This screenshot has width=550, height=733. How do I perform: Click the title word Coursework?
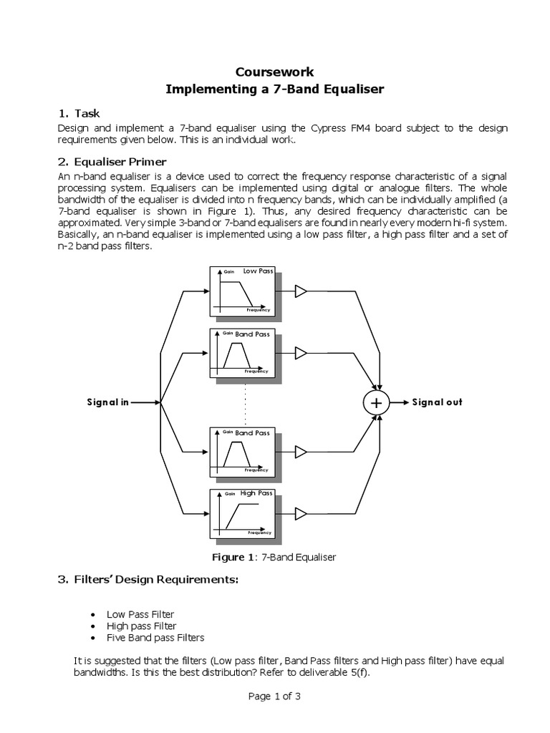coord(275,72)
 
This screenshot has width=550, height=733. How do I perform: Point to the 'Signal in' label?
coord(107,402)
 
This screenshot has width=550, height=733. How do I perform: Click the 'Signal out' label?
coord(437,402)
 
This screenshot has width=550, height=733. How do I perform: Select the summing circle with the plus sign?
coord(375,403)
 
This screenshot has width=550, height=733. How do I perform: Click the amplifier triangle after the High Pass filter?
coord(301,513)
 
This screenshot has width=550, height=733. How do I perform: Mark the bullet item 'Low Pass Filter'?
coord(140,614)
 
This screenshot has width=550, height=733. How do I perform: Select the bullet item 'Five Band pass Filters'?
coord(155,637)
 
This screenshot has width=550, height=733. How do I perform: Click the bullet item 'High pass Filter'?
coord(141,626)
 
